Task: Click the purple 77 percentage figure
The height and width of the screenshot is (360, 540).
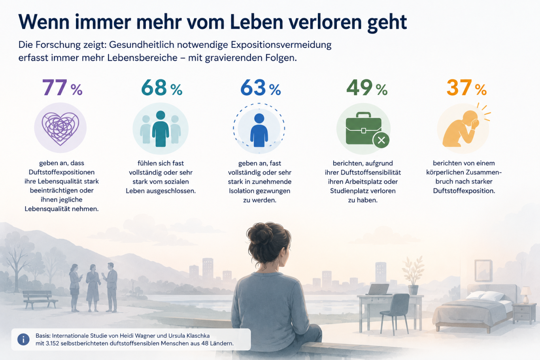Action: click(62, 88)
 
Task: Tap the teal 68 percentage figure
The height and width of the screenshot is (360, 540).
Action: click(162, 88)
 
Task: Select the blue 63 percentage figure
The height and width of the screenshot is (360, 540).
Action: click(261, 88)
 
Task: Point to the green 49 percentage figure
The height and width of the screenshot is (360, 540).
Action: click(367, 88)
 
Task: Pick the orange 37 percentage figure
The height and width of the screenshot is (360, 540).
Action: click(467, 88)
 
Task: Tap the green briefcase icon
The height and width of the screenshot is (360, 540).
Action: click(364, 128)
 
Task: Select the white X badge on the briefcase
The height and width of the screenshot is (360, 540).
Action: click(381, 140)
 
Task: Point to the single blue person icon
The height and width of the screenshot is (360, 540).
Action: click(259, 130)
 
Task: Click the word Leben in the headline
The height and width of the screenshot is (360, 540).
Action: click(257, 22)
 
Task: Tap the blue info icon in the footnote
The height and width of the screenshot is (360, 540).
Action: click(23, 339)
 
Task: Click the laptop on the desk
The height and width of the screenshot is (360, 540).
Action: click(378, 289)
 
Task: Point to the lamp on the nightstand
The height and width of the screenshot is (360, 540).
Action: click(525, 295)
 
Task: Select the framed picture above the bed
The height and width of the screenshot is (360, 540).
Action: click(483, 270)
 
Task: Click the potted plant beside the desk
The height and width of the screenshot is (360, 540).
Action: click(413, 275)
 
